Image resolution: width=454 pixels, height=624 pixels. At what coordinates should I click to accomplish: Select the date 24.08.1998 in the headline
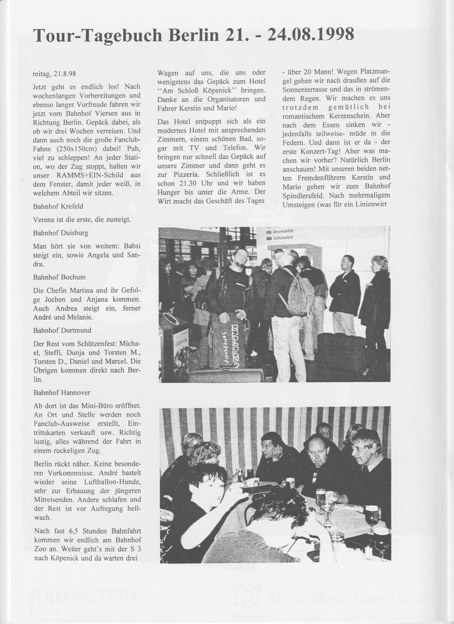click(x=310, y=34)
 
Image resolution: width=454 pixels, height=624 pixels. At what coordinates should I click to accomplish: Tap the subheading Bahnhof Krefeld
click(x=58, y=206)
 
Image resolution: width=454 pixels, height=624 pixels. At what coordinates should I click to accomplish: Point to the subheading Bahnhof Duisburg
click(x=61, y=233)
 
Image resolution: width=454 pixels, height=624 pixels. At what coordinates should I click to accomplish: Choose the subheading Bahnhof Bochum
click(x=59, y=277)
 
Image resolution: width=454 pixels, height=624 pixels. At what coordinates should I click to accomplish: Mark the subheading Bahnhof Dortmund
click(x=62, y=330)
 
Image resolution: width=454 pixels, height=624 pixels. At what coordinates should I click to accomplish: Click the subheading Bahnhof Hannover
click(x=62, y=392)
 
